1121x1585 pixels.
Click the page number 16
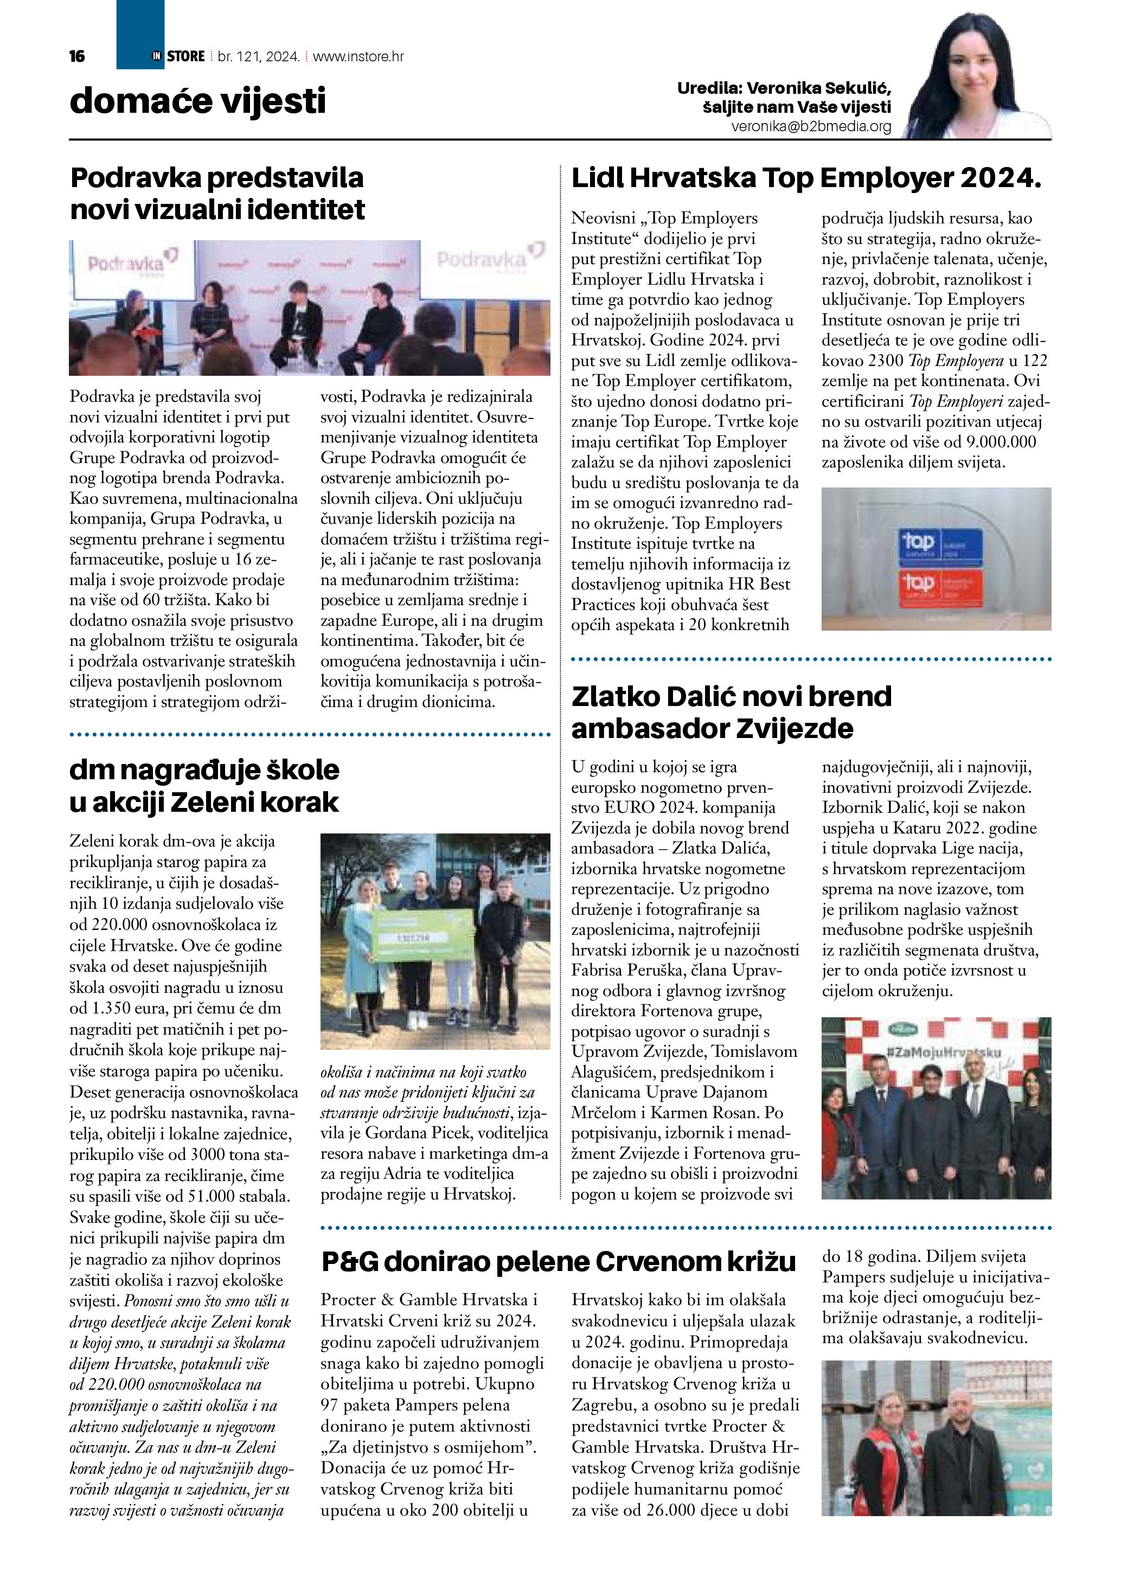(76, 56)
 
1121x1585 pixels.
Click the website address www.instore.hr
(358, 56)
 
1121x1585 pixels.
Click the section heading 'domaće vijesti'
(197, 101)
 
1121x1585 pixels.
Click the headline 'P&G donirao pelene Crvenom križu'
(559, 1261)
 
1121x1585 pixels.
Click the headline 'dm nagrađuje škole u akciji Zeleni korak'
(204, 786)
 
